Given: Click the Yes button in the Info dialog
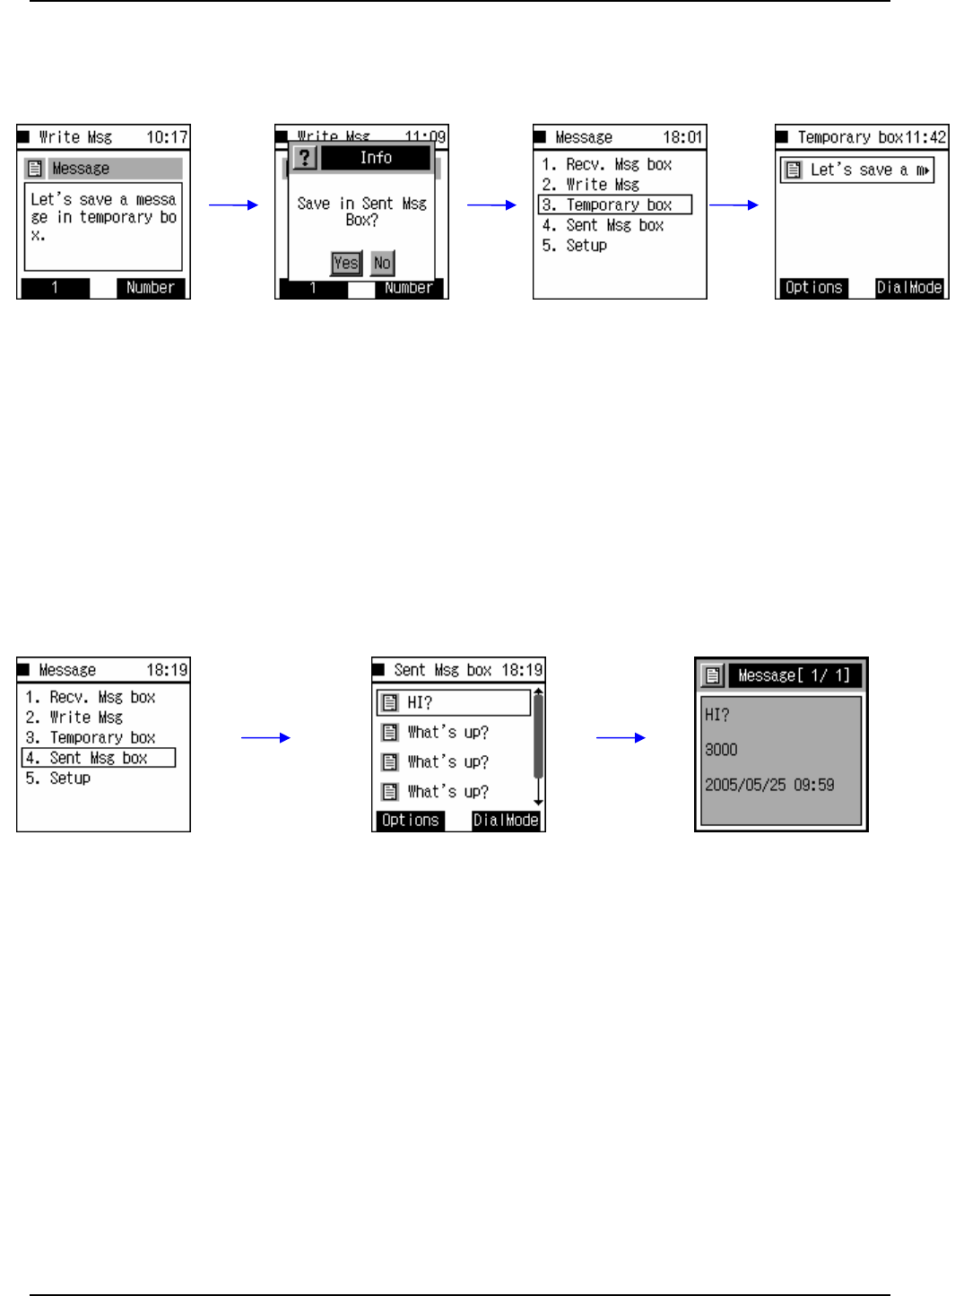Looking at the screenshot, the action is [x=346, y=263].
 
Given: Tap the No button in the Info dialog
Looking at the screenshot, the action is [x=382, y=263].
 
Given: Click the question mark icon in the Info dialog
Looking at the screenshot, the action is [x=305, y=158].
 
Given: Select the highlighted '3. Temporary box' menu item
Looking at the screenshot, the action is [x=615, y=204].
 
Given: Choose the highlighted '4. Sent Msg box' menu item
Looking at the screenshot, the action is [x=99, y=758].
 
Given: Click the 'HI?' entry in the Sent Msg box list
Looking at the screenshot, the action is [x=454, y=702].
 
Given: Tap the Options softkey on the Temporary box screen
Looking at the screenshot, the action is [x=812, y=288].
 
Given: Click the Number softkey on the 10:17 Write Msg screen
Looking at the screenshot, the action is [x=151, y=288].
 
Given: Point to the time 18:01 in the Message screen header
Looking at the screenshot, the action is [x=682, y=137].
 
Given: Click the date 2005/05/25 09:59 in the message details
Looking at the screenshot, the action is [x=769, y=785].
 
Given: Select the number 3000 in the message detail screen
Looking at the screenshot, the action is [x=721, y=750].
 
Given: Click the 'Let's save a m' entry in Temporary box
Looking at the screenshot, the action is [x=857, y=170].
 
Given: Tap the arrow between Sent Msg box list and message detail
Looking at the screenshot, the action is [x=621, y=737].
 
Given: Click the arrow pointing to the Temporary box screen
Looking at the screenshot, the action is [x=734, y=204].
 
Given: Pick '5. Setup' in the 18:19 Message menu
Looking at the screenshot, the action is [x=70, y=778].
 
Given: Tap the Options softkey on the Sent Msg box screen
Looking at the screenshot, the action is [x=410, y=821].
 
